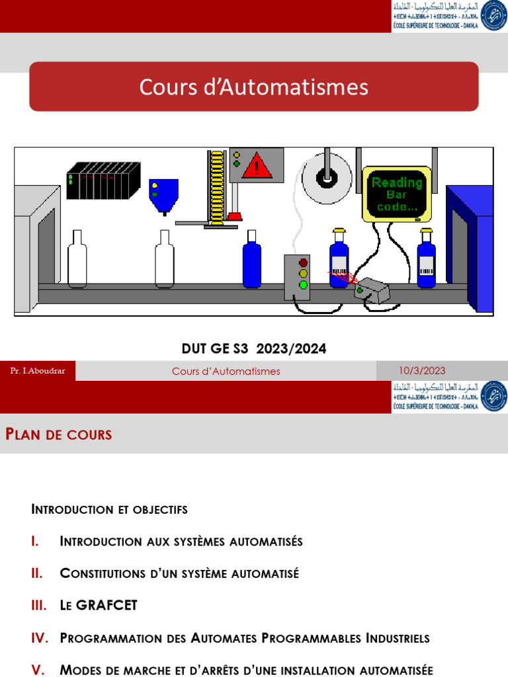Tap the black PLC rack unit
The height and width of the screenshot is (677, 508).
[103, 180]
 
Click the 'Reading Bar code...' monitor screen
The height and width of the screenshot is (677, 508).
[396, 194]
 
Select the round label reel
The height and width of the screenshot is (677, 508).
[327, 177]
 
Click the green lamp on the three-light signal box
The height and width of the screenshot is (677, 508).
[303, 285]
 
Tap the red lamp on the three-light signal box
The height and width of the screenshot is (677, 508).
[303, 263]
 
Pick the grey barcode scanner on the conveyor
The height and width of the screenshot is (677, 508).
[372, 290]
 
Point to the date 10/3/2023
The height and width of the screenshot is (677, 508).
[422, 371]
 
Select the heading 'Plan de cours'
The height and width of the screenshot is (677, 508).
[59, 434]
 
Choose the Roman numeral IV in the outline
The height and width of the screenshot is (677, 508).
[40, 638]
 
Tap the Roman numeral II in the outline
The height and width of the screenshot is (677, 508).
[37, 573]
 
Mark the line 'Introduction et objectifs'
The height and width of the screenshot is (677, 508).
[109, 509]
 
